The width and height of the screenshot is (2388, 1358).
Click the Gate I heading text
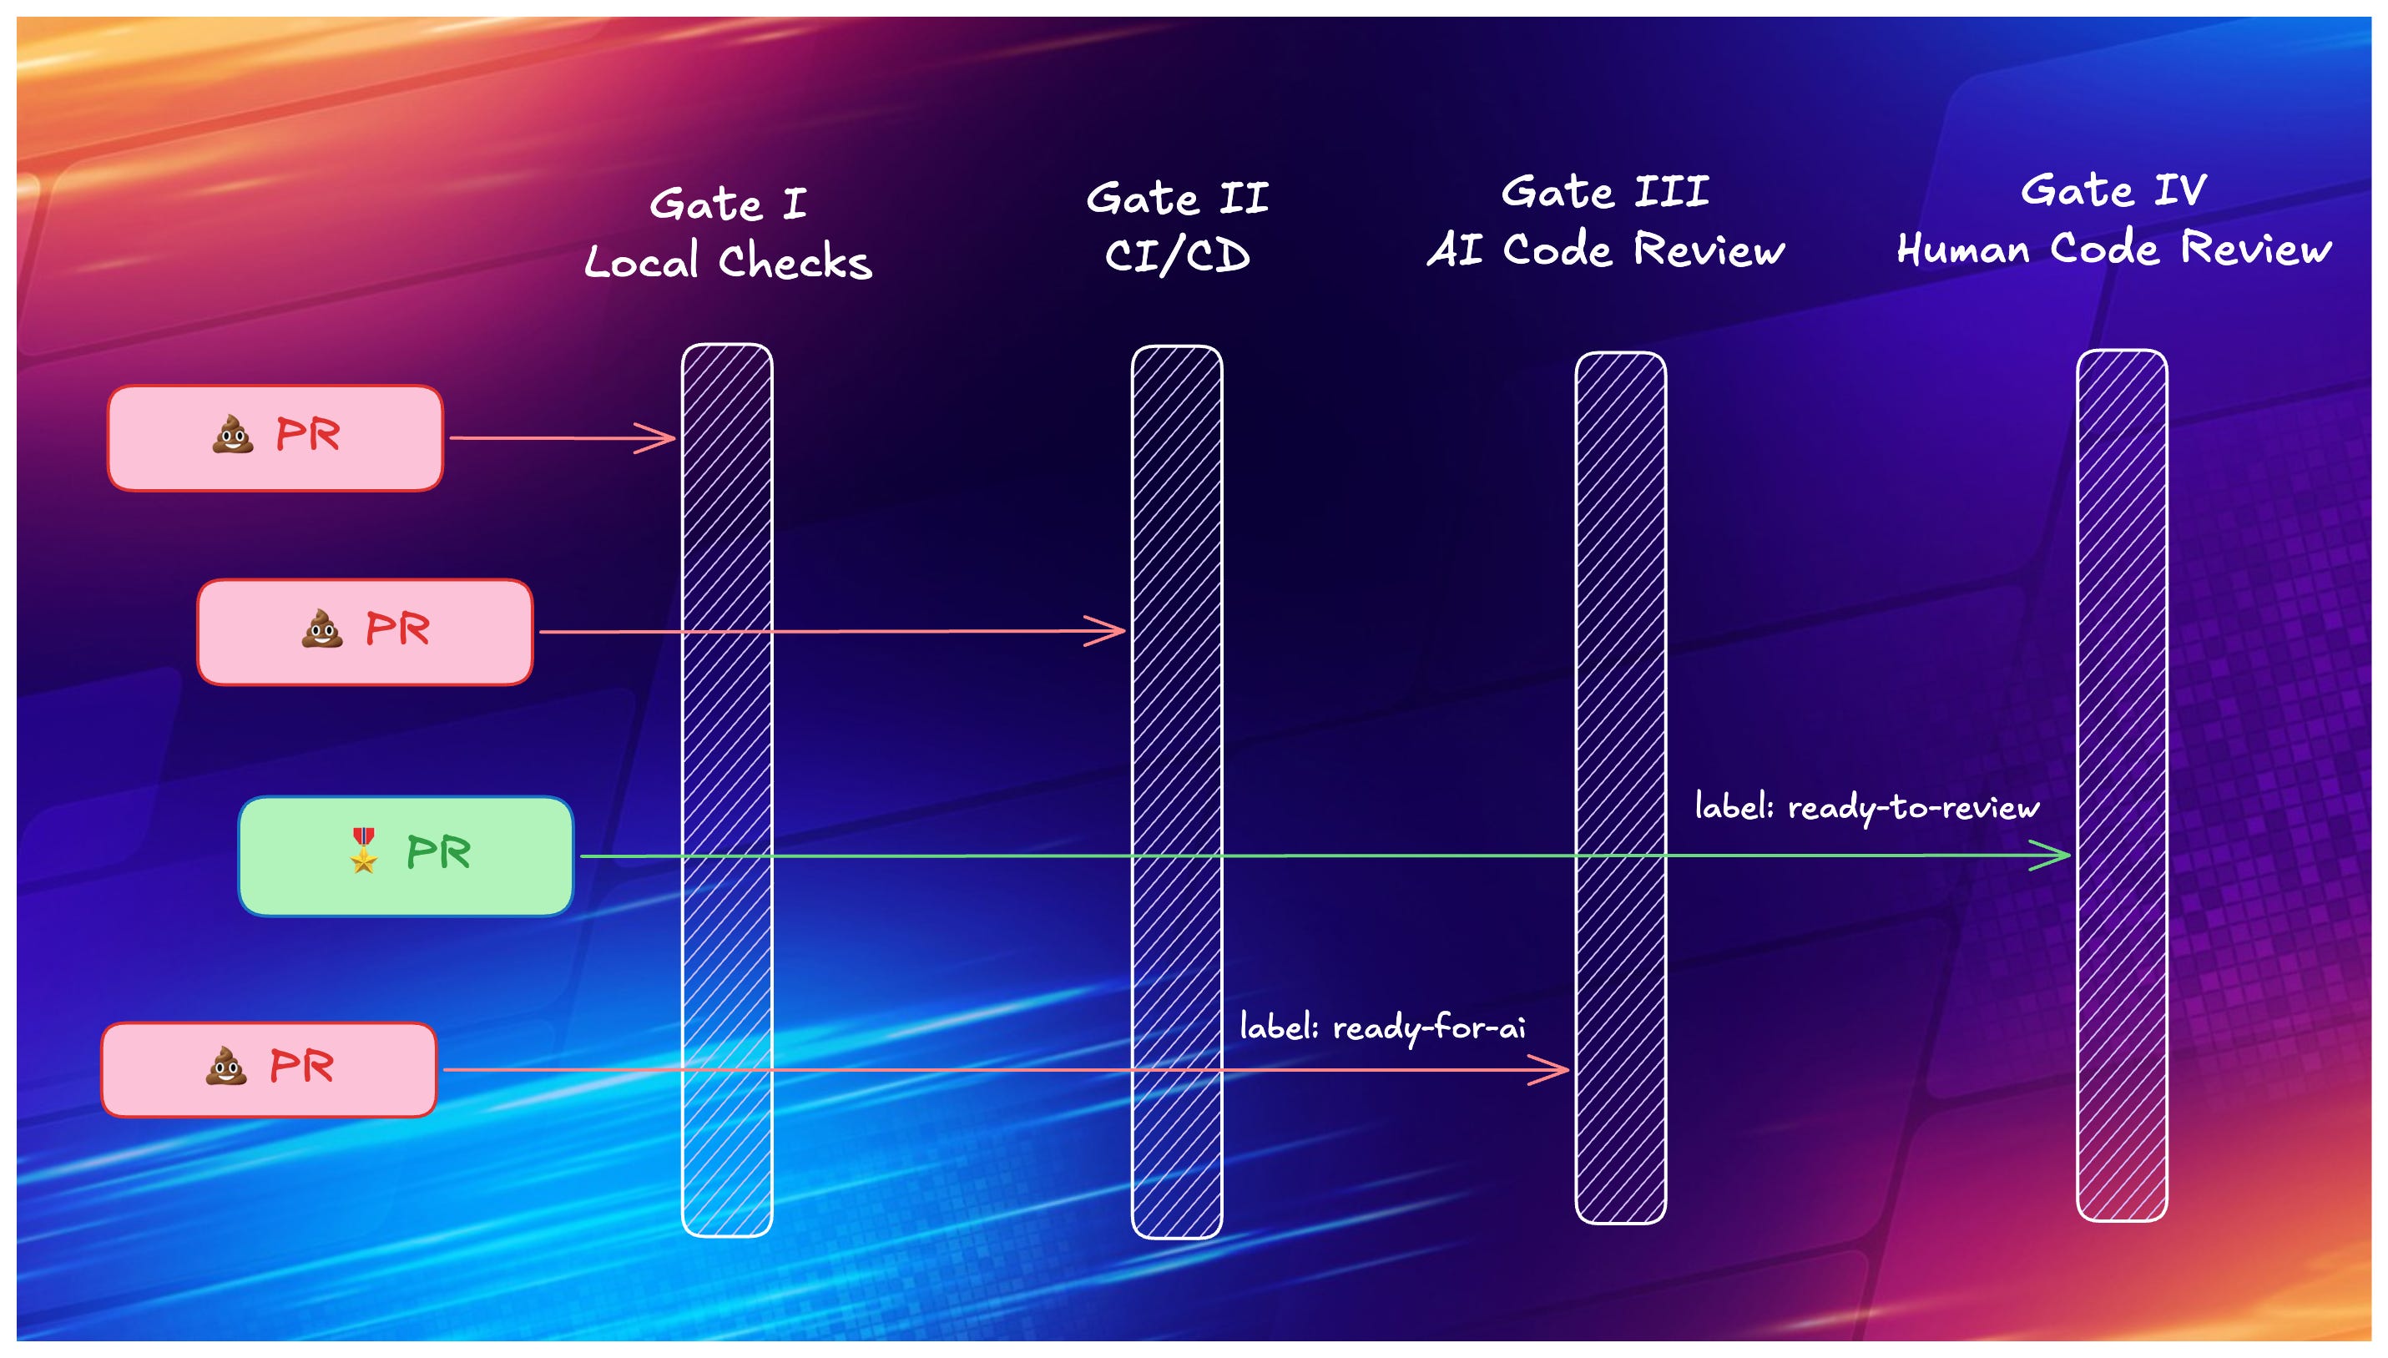(x=727, y=204)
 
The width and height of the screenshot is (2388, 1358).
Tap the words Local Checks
(x=727, y=262)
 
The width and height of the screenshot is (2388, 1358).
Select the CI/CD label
(x=1177, y=255)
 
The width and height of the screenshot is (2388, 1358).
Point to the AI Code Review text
(x=1606, y=250)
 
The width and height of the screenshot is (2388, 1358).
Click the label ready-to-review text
(x=1867, y=808)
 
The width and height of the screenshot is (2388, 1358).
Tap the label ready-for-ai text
(x=1382, y=1027)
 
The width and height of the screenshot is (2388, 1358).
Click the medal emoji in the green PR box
(x=364, y=851)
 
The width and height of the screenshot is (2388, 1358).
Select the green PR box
(x=406, y=856)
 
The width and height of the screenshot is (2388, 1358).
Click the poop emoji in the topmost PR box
(x=232, y=435)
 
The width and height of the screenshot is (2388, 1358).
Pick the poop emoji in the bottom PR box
(x=225, y=1066)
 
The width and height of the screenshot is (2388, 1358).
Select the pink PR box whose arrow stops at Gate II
(x=365, y=632)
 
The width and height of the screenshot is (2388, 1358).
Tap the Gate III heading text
(x=1606, y=192)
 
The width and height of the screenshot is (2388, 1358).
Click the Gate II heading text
(x=1177, y=199)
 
